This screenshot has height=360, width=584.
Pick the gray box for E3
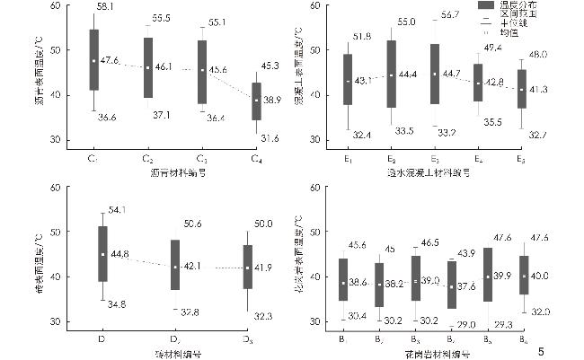(434, 74)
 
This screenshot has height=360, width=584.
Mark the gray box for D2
(174, 265)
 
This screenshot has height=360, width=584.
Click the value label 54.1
(117, 210)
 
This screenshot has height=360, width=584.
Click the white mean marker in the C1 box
(93, 61)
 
